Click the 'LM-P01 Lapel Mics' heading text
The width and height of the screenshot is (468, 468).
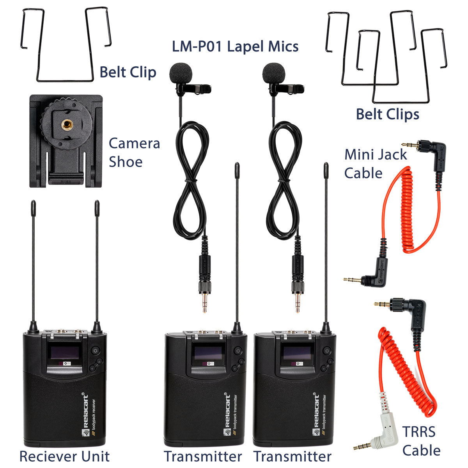click(235, 46)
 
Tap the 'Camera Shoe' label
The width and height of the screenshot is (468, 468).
click(134, 152)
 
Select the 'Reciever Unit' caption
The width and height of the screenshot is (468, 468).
click(64, 456)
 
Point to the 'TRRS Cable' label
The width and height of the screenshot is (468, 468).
click(421, 441)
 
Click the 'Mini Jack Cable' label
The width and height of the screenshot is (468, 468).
click(375, 164)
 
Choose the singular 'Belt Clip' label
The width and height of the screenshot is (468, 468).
click(128, 72)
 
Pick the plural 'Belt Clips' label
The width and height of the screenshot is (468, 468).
click(387, 114)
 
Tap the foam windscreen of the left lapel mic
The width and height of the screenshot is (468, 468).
click(181, 73)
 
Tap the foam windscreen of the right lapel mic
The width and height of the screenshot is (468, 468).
click(274, 73)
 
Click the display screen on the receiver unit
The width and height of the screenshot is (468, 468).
click(64, 353)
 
